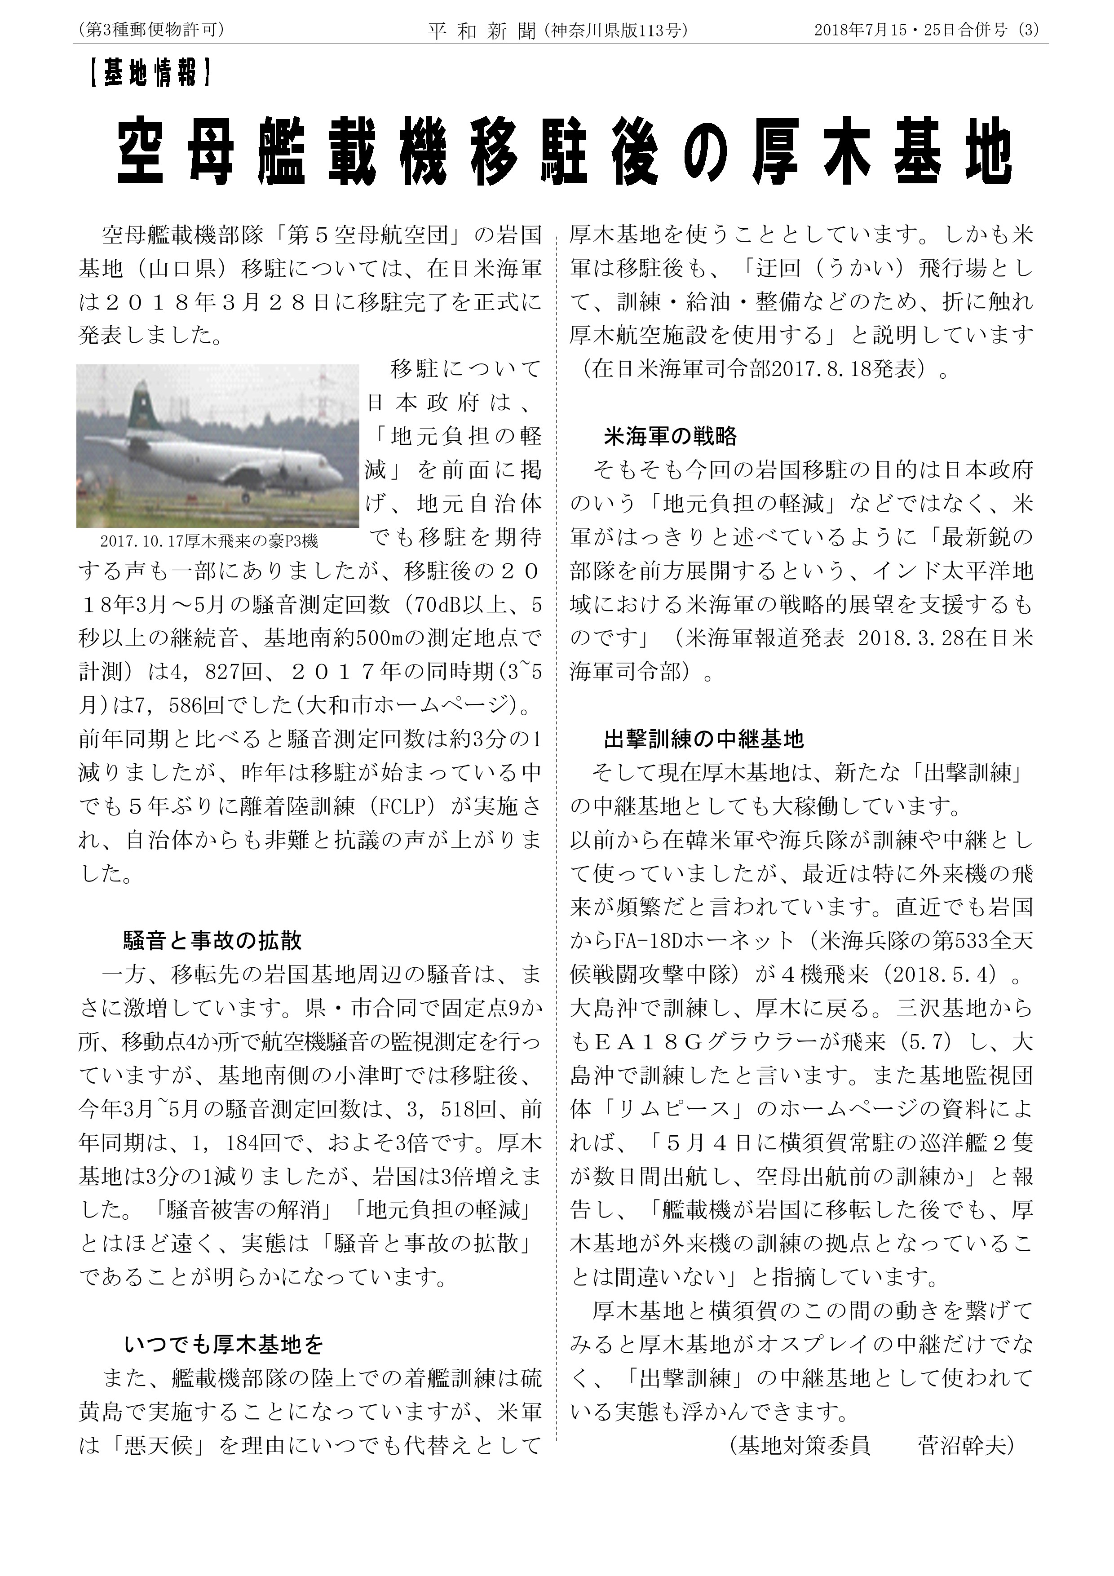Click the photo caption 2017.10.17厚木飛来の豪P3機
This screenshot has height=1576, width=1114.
(209, 541)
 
